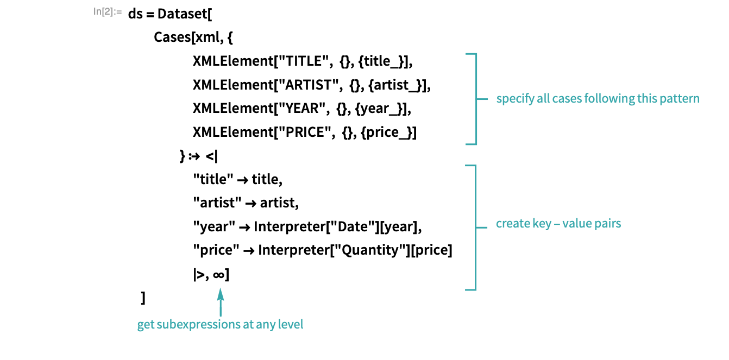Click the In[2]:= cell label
108,12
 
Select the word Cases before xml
172,37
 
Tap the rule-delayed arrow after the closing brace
194,156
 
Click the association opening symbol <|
211,156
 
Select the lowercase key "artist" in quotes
217,203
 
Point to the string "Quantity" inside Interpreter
370,250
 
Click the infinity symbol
218,275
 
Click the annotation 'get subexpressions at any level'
220,324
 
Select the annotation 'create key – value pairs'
558,223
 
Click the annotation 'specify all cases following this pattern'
598,98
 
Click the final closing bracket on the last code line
143,298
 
